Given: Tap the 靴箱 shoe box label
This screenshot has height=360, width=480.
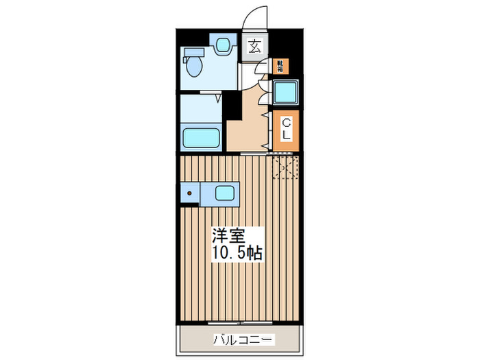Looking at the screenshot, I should (x=279, y=66).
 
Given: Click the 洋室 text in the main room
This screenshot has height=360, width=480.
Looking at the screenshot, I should (x=228, y=235).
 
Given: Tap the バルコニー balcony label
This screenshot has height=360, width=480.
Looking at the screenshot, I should (x=243, y=339).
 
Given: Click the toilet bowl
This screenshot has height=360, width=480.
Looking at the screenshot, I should (x=193, y=67).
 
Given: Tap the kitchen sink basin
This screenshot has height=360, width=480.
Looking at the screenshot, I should (x=225, y=193).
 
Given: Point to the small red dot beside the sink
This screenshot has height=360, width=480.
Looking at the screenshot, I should (x=190, y=194).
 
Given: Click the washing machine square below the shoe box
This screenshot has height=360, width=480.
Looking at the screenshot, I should (x=285, y=92).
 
